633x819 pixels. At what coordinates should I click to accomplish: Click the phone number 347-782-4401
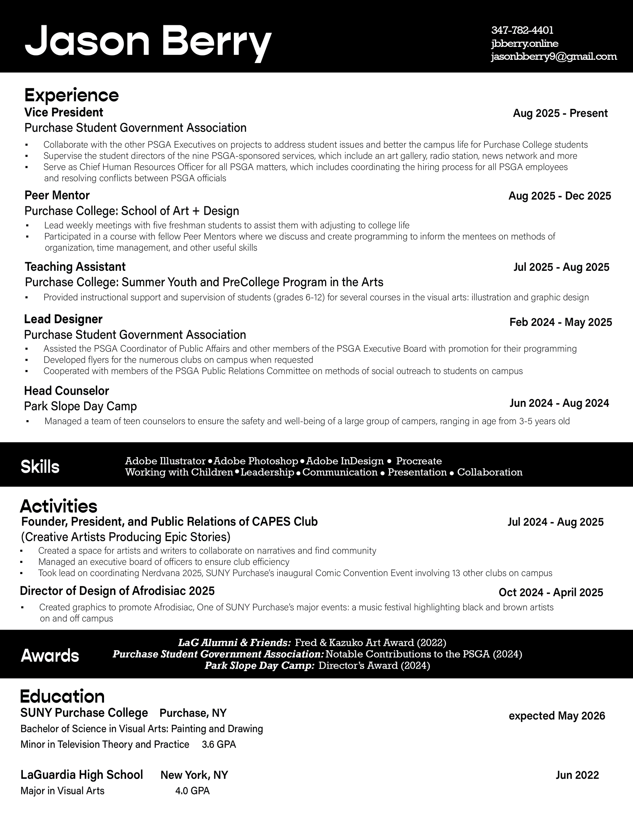tap(522, 30)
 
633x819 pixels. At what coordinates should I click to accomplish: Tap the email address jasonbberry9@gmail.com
tap(554, 57)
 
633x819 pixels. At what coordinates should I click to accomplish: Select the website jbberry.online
tap(525, 43)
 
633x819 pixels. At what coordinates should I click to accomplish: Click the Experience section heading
tap(71, 95)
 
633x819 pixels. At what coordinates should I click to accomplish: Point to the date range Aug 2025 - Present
tap(560, 113)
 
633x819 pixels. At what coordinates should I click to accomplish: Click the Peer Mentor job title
tap(57, 195)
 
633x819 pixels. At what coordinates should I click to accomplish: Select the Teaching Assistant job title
tap(75, 267)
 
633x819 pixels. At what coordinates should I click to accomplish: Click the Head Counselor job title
tap(66, 391)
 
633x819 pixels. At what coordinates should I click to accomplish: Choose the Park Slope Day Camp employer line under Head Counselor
tap(80, 406)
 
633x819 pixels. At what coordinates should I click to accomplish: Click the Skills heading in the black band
tap(40, 467)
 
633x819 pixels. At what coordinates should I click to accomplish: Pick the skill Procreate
tap(419, 461)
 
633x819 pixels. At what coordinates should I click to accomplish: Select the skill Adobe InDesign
tap(348, 461)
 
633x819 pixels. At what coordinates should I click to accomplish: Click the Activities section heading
tap(59, 506)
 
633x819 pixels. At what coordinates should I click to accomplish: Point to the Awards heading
tap(50, 655)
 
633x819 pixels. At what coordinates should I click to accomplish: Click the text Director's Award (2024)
tap(374, 666)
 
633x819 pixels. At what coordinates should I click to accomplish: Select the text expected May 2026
tap(557, 716)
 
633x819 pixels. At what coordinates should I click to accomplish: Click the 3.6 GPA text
tap(219, 744)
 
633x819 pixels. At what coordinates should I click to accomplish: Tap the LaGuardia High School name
tap(82, 775)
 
